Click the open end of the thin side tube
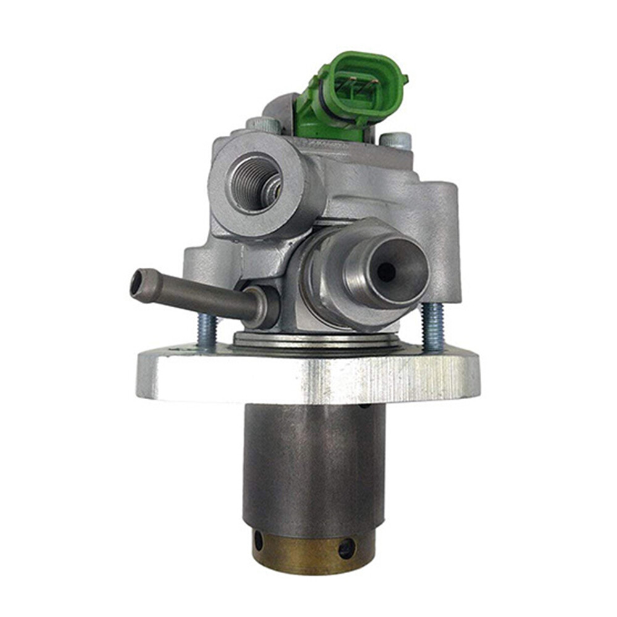[x=136, y=283]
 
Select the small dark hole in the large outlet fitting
[x=386, y=271]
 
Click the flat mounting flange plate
[x=308, y=376]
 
